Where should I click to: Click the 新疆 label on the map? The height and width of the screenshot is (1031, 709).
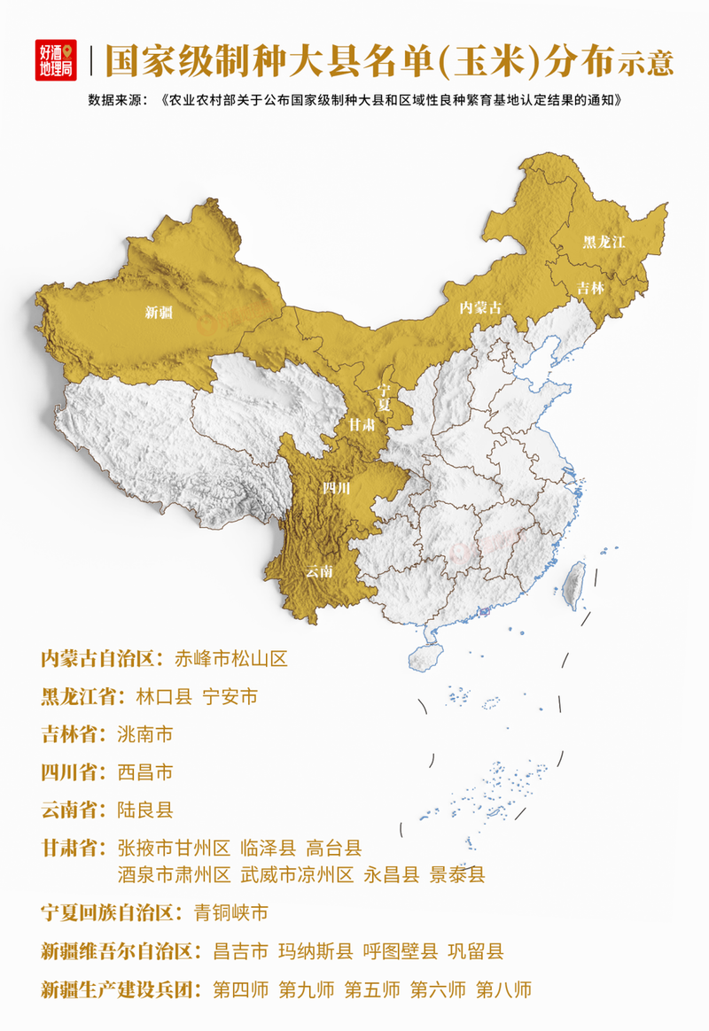[160, 312]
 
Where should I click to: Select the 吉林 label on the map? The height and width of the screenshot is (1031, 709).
[590, 288]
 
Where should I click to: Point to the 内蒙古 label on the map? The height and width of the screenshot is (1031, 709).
[479, 307]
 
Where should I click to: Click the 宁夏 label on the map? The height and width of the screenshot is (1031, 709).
[384, 396]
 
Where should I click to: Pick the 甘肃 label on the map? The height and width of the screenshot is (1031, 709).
[361, 426]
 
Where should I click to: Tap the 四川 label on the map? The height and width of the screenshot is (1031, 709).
[336, 488]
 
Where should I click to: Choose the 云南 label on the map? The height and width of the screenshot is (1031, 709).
[319, 571]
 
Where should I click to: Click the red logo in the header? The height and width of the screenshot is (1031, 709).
[57, 60]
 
